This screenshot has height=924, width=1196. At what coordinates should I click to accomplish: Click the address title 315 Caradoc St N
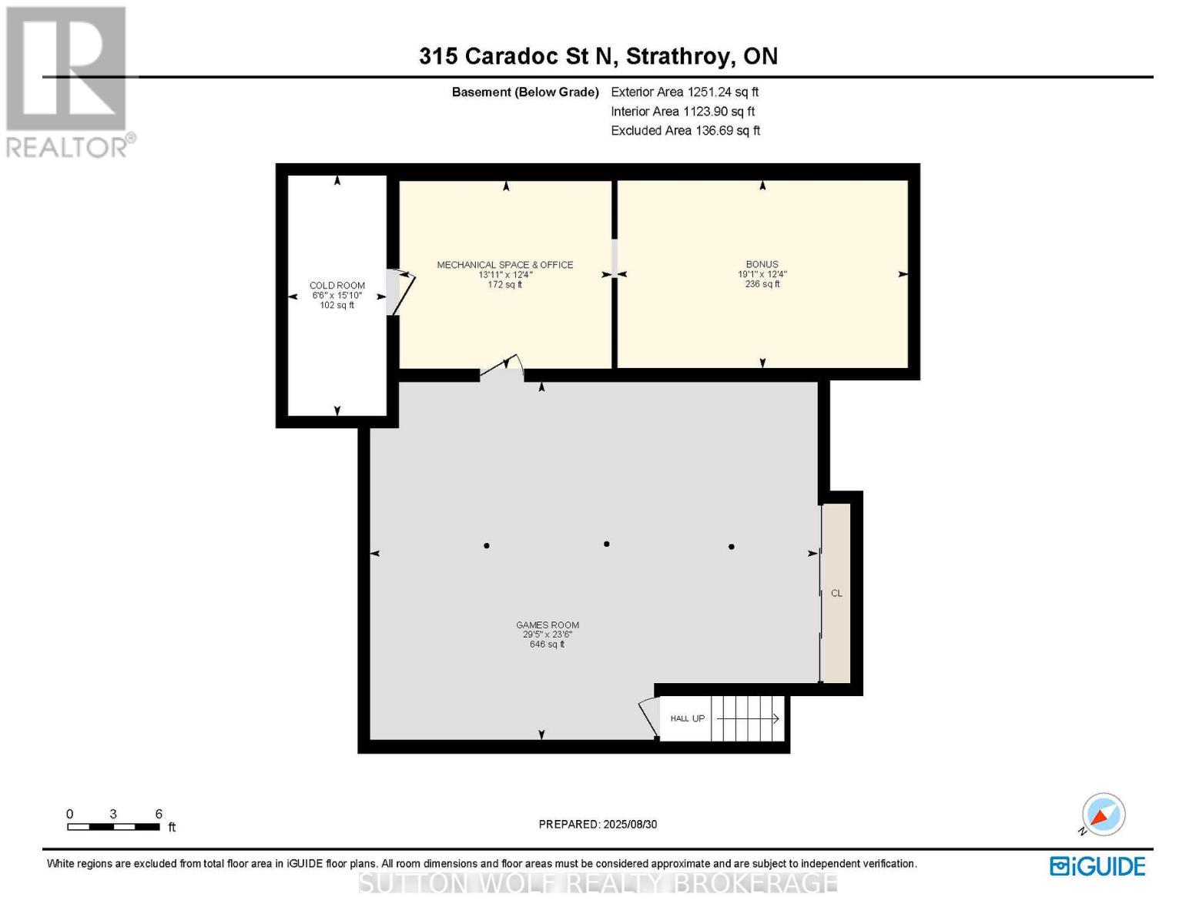598,56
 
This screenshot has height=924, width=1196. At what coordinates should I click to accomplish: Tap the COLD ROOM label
337,286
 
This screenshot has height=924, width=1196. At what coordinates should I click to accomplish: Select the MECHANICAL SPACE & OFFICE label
505,265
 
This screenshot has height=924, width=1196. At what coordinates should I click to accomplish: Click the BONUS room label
762,264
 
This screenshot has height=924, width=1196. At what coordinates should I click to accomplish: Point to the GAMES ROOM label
548,625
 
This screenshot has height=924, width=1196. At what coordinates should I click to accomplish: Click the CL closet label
836,593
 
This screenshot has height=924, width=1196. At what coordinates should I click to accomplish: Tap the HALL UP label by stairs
687,718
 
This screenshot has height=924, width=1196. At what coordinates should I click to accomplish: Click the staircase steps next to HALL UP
747,718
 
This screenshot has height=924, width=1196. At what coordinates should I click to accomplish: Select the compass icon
1103,815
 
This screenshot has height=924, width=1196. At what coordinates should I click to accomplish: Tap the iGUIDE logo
1097,866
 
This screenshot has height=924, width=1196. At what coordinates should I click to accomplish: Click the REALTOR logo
67,81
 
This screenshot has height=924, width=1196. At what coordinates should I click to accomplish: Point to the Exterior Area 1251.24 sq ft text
685,92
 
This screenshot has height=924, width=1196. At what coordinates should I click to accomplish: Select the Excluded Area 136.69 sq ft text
685,131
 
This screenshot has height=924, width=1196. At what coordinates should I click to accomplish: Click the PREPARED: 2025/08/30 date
598,824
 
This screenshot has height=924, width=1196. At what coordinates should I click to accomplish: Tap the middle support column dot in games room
607,544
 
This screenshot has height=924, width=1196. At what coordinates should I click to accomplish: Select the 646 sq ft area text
547,644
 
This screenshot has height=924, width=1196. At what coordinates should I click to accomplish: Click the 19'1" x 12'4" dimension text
762,274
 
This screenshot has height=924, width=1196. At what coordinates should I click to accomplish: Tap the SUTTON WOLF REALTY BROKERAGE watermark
598,883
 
